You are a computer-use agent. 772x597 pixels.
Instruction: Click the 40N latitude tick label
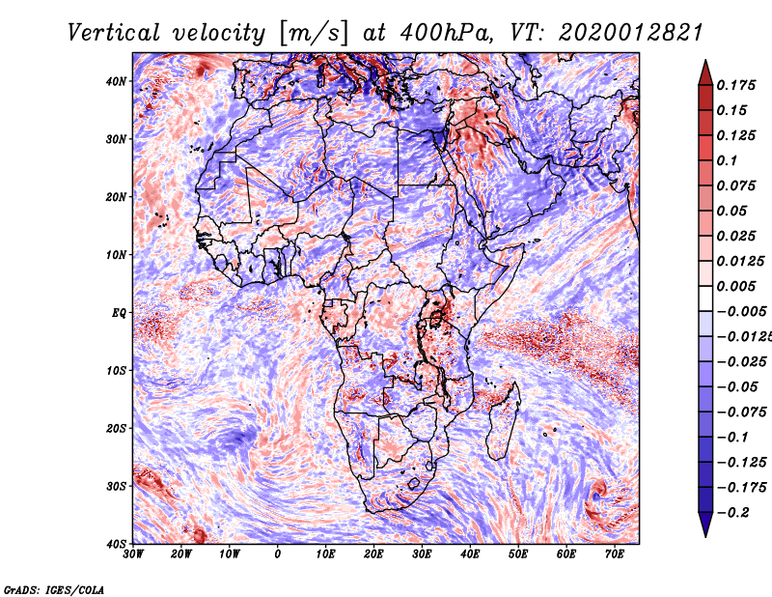pyautogui.click(x=116, y=81)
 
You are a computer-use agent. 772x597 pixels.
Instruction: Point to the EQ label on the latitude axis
pyautogui.click(x=119, y=313)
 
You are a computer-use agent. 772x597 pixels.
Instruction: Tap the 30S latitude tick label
pyautogui.click(x=116, y=487)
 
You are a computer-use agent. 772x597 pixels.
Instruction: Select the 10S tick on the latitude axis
pyautogui.click(x=116, y=371)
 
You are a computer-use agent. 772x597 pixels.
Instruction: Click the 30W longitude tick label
pyautogui.click(x=133, y=554)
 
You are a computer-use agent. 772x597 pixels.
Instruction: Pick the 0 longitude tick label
pyautogui.click(x=278, y=554)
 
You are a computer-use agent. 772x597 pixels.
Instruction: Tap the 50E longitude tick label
pyautogui.click(x=518, y=554)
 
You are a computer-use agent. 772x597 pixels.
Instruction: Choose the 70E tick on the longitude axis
pyautogui.click(x=615, y=554)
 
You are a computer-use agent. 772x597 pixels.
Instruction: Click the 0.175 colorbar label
pyautogui.click(x=736, y=85)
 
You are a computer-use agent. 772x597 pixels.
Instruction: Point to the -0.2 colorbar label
pyautogui.click(x=732, y=513)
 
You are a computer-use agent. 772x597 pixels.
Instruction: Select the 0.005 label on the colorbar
pyautogui.click(x=736, y=286)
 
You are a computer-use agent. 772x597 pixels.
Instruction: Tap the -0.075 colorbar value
pyautogui.click(x=742, y=412)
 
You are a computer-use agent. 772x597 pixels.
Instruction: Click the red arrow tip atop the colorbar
pyautogui.click(x=705, y=61)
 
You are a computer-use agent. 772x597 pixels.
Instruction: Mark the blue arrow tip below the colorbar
pyautogui.click(x=705, y=536)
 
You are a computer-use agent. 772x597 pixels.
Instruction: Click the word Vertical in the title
pyautogui.click(x=114, y=33)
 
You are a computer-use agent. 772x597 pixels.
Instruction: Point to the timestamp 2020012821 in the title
pyautogui.click(x=631, y=33)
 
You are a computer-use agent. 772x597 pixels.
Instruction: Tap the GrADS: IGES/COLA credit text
pyautogui.click(x=54, y=589)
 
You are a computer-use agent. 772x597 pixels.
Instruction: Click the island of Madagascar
pyautogui.click(x=503, y=420)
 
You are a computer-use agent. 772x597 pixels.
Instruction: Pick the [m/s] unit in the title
pyautogui.click(x=314, y=34)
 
